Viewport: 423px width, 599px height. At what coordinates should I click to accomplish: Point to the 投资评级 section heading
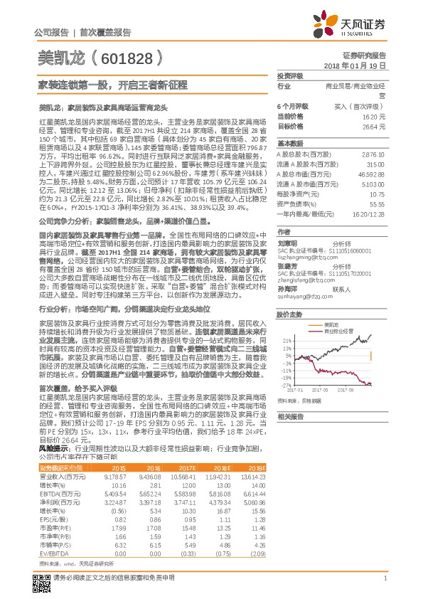pos(289,75)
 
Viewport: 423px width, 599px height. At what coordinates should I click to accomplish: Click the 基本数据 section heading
pos(289,144)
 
